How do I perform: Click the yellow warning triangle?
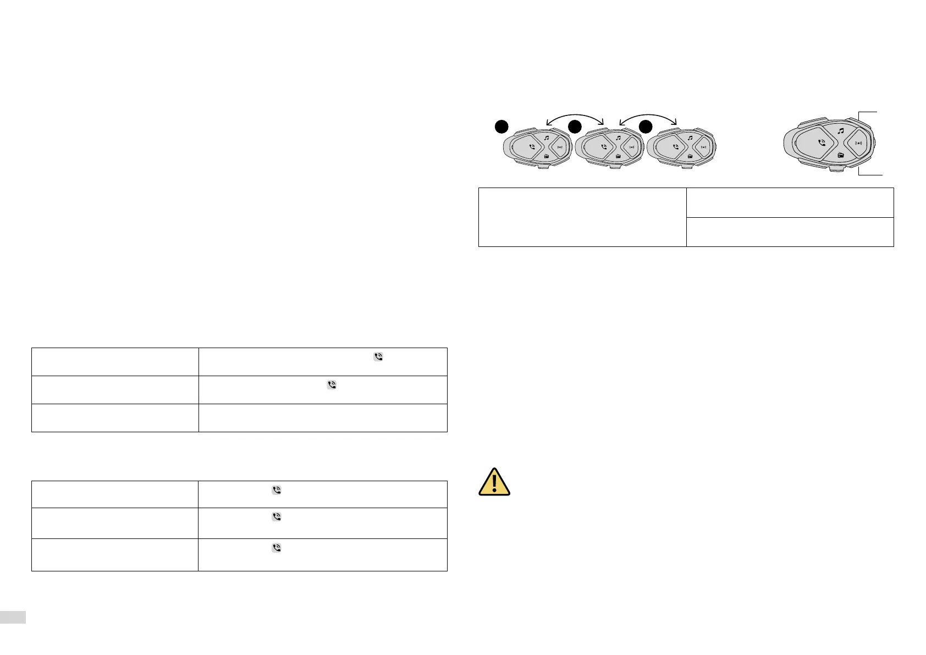[494, 482]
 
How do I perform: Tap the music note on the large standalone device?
[841, 131]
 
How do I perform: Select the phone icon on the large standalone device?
[822, 142]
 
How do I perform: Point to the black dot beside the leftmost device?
[500, 126]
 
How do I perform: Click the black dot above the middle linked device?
[575, 126]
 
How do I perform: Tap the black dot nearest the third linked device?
[646, 126]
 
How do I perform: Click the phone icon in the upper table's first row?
[378, 357]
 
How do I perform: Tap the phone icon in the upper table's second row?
[332, 386]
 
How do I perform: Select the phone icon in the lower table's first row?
[277, 491]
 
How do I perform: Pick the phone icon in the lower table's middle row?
[277, 517]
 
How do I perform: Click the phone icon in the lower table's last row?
[277, 548]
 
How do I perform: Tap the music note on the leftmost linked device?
[547, 139]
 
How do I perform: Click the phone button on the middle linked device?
[604, 147]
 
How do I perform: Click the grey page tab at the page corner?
[13, 617]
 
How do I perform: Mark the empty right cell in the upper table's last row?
[322, 418]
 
